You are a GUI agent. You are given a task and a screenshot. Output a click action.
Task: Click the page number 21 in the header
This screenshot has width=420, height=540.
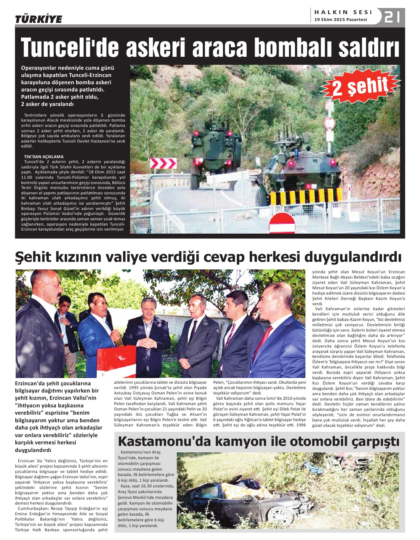coord(392,17)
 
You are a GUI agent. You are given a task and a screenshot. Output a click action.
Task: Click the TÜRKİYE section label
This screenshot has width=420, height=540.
coord(38,19)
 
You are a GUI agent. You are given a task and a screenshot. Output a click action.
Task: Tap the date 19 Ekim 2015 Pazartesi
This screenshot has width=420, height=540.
coord(340,19)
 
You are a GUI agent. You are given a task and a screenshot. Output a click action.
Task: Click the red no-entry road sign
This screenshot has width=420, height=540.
coord(282,223)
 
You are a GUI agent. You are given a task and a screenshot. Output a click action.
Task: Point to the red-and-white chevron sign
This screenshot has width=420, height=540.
coord(163,163)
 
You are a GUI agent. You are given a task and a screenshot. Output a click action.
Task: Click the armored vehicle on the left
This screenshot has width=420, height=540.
coord(216,150)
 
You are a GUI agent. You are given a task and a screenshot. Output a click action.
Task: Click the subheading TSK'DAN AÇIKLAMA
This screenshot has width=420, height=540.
coord(44,157)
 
